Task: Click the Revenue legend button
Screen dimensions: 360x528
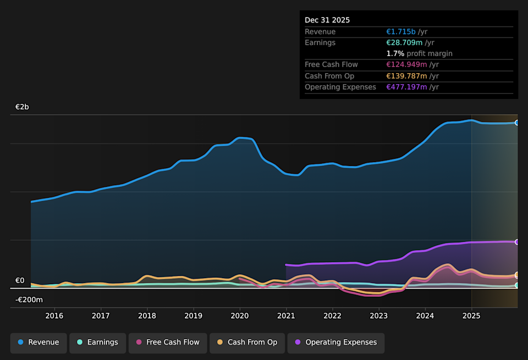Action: click(38, 342)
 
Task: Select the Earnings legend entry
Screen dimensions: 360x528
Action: click(97, 342)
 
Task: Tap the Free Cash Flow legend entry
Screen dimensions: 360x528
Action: click(168, 342)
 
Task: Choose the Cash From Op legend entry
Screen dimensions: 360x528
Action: click(247, 342)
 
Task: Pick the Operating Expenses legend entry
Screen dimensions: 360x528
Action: click(335, 342)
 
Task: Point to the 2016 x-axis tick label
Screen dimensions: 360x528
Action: click(54, 315)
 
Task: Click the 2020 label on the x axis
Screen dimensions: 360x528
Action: click(239, 315)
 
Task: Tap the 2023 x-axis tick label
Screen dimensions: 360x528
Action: click(378, 315)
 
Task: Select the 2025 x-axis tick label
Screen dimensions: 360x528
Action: click(471, 315)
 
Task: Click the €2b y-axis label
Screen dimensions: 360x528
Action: click(22, 107)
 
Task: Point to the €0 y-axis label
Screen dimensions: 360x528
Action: click(20, 281)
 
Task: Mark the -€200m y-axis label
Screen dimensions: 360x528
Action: click(29, 300)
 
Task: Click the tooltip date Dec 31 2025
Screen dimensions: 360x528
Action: click(327, 20)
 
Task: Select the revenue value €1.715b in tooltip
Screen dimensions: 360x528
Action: click(401, 32)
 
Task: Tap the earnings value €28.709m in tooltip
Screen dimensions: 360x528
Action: click(404, 42)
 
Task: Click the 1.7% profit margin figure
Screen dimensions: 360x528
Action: click(395, 53)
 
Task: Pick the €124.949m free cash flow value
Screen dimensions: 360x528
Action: click(406, 65)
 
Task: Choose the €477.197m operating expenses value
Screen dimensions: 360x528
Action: click(406, 87)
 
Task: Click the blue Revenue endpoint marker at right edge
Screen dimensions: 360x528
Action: click(517, 123)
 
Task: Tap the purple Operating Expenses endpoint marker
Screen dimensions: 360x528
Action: click(517, 242)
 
